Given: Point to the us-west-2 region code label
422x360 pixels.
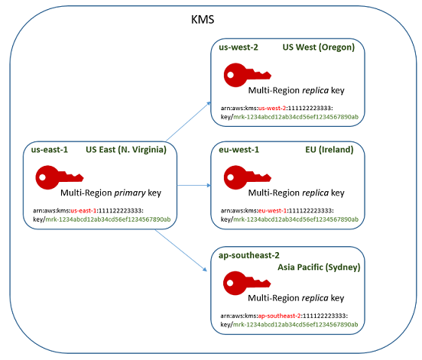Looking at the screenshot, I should coord(238,47).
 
